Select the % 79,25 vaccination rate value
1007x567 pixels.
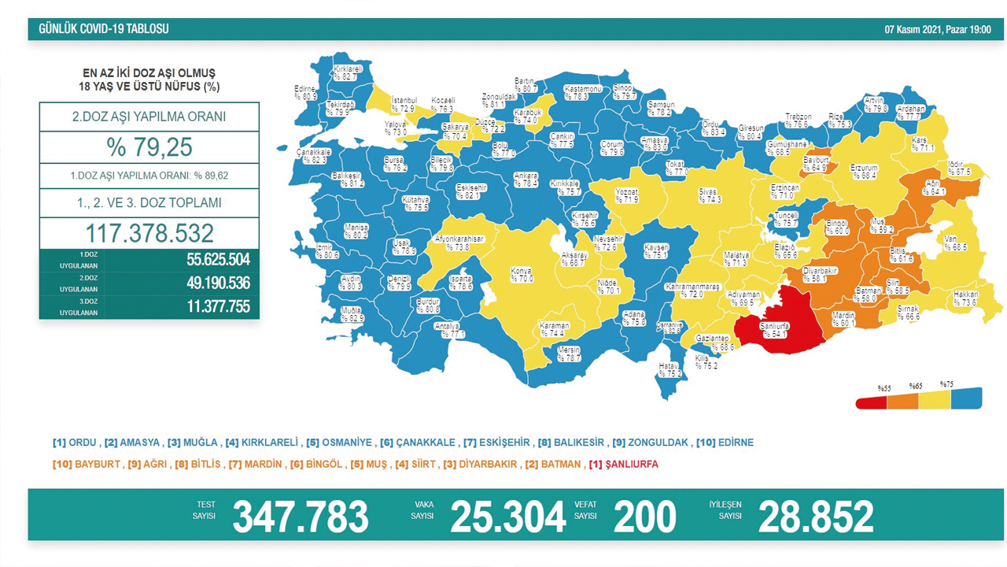tap(149, 147)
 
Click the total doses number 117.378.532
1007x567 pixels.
tap(149, 233)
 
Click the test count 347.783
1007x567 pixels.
tap(300, 517)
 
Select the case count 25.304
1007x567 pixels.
tap(507, 517)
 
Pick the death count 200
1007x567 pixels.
tap(644, 517)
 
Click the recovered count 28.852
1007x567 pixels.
tap(815, 517)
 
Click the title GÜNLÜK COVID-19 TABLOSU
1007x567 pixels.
tap(104, 30)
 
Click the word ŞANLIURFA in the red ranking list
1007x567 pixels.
tap(632, 465)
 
